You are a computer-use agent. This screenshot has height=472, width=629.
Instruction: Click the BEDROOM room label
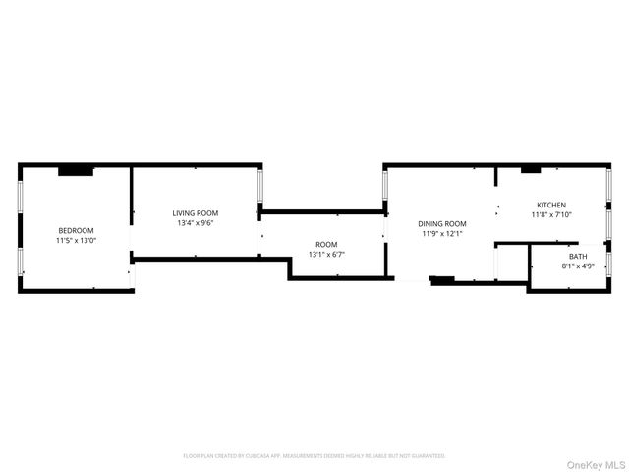(x=76, y=230)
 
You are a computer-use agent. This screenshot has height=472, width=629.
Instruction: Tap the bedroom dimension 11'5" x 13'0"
(x=76, y=240)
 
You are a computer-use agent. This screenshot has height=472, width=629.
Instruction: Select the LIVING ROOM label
(x=196, y=213)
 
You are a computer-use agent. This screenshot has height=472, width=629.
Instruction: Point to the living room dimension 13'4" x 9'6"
(x=196, y=223)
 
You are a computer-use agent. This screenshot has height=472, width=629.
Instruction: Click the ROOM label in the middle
(x=326, y=245)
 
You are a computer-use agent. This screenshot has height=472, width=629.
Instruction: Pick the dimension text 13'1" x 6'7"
(x=326, y=255)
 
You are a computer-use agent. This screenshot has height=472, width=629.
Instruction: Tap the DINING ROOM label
(x=442, y=224)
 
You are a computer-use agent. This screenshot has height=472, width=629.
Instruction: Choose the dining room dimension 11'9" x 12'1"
(x=442, y=234)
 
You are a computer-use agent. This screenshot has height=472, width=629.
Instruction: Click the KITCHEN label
(x=551, y=205)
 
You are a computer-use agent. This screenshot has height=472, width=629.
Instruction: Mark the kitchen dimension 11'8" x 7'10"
(x=551, y=214)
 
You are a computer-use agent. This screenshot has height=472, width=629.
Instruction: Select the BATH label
(x=577, y=256)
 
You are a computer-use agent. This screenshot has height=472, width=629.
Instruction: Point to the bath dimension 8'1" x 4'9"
(x=577, y=265)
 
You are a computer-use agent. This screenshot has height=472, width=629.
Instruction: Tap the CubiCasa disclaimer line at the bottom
(x=314, y=456)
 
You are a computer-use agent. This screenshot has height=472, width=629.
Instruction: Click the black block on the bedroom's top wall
(x=75, y=171)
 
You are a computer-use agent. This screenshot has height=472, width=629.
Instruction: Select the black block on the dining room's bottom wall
(x=443, y=280)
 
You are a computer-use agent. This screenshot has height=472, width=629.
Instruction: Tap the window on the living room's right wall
(x=260, y=186)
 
